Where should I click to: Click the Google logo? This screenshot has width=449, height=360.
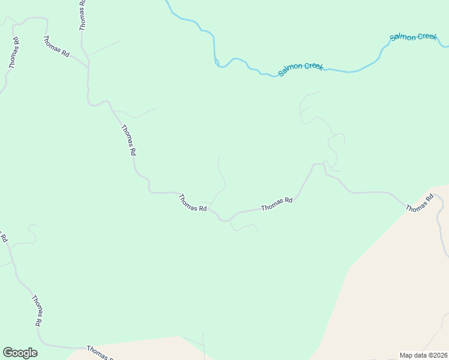[x=20, y=352]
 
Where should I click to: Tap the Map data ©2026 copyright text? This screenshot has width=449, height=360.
[x=423, y=355]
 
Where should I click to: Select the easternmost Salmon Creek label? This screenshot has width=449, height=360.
[x=413, y=37]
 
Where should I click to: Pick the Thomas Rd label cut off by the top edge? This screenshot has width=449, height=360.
[x=82, y=15]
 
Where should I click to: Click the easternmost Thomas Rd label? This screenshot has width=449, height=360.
[x=420, y=202]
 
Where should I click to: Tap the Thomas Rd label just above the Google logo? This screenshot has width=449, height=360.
[x=37, y=310]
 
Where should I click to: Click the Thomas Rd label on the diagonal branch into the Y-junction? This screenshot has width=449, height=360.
[x=56, y=46]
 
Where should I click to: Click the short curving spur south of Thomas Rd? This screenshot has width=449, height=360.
[x=244, y=227]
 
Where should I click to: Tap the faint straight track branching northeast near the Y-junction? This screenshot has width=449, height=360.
[x=104, y=47]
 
